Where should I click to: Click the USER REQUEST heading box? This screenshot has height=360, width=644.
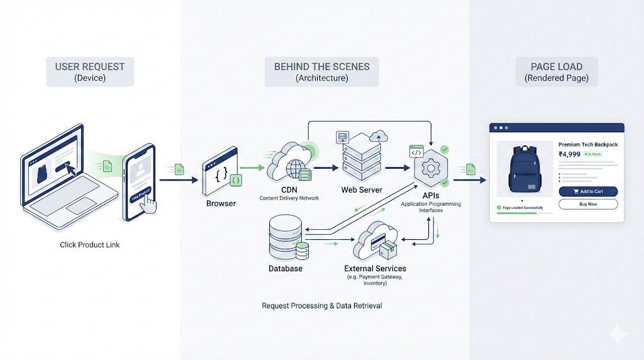(90, 72)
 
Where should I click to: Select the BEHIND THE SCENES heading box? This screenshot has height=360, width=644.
(321, 72)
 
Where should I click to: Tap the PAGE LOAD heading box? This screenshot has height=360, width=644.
(557, 72)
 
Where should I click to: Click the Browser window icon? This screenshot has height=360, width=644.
(219, 170)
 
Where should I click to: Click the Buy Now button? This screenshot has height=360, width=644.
(588, 204)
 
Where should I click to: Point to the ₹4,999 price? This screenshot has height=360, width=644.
(569, 153)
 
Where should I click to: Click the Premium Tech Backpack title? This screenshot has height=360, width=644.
(588, 144)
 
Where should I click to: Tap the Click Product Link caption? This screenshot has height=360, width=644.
(90, 245)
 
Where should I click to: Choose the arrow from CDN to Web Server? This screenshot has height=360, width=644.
(326, 168)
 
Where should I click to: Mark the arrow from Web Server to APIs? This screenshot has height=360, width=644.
(396, 168)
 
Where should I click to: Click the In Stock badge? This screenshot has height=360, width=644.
(593, 154)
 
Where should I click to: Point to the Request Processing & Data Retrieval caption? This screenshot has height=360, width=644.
(321, 306)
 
